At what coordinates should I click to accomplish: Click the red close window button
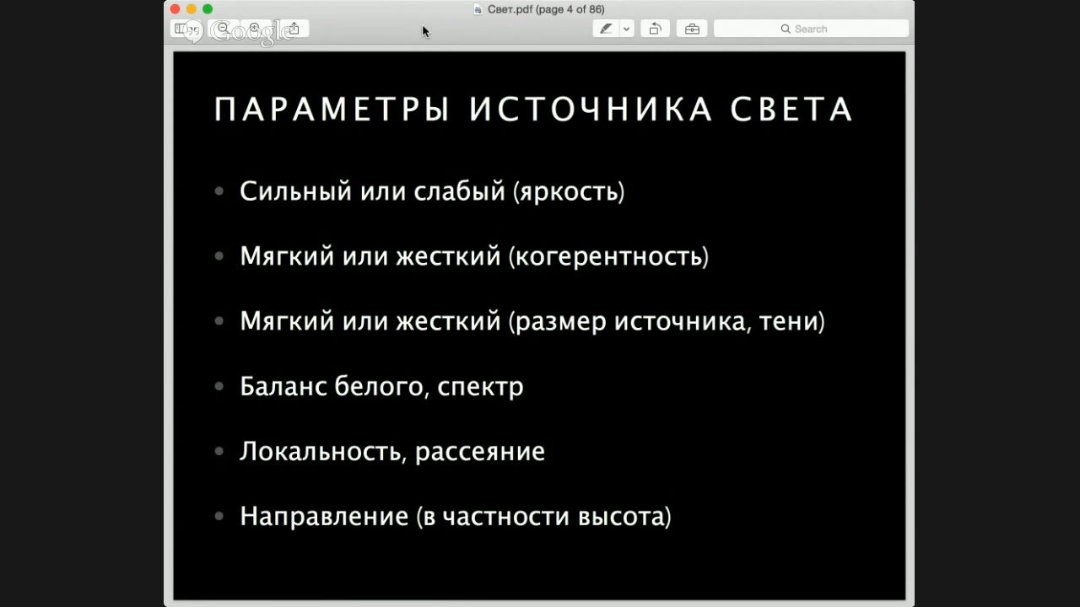click(175, 8)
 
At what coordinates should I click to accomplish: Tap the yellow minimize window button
click(192, 8)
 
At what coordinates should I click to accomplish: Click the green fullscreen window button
click(208, 8)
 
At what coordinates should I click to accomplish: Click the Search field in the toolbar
click(811, 29)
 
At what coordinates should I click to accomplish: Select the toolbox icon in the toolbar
click(692, 29)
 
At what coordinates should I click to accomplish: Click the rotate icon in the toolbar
click(655, 29)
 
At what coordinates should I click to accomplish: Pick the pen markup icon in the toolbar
click(606, 29)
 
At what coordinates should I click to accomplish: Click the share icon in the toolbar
click(294, 29)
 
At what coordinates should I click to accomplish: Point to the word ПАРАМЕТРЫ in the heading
click(332, 109)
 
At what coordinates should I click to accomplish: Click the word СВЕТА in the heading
click(791, 109)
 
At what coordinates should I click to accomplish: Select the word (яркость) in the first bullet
click(569, 191)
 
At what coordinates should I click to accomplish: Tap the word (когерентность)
click(609, 256)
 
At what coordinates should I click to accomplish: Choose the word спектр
click(480, 387)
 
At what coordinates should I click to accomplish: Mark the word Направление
click(325, 517)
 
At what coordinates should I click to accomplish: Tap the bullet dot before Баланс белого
click(219, 386)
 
